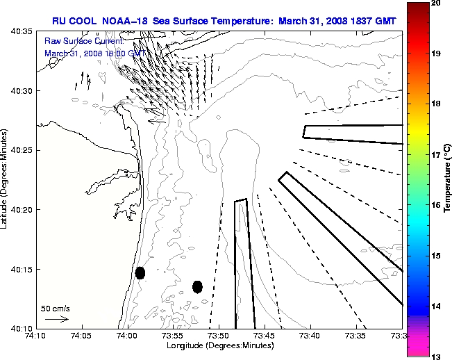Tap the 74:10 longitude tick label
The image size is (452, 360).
pyautogui.click(x=36, y=336)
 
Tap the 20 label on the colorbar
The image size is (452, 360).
pyautogui.click(x=437, y=4)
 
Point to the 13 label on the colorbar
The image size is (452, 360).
pyautogui.click(x=437, y=356)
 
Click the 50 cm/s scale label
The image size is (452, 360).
pyautogui.click(x=56, y=308)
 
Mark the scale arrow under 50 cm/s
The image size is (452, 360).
pyautogui.click(x=56, y=319)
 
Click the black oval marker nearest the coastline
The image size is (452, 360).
pyautogui.click(x=140, y=272)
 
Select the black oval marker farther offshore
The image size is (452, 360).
pyautogui.click(x=197, y=286)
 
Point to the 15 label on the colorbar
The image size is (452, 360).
pyautogui.click(x=437, y=256)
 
